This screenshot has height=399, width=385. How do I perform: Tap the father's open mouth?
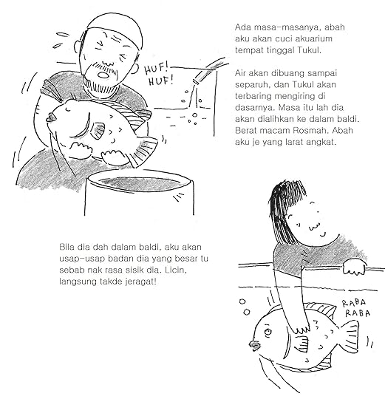[x=103, y=75]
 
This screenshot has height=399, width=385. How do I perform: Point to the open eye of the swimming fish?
[x=268, y=332]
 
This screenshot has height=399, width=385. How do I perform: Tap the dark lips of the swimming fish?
[x=255, y=345]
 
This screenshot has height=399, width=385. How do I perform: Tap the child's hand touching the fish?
[x=301, y=328]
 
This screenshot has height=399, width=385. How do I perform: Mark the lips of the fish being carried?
[x=52, y=117]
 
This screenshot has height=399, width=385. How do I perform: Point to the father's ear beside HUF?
[x=134, y=69]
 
